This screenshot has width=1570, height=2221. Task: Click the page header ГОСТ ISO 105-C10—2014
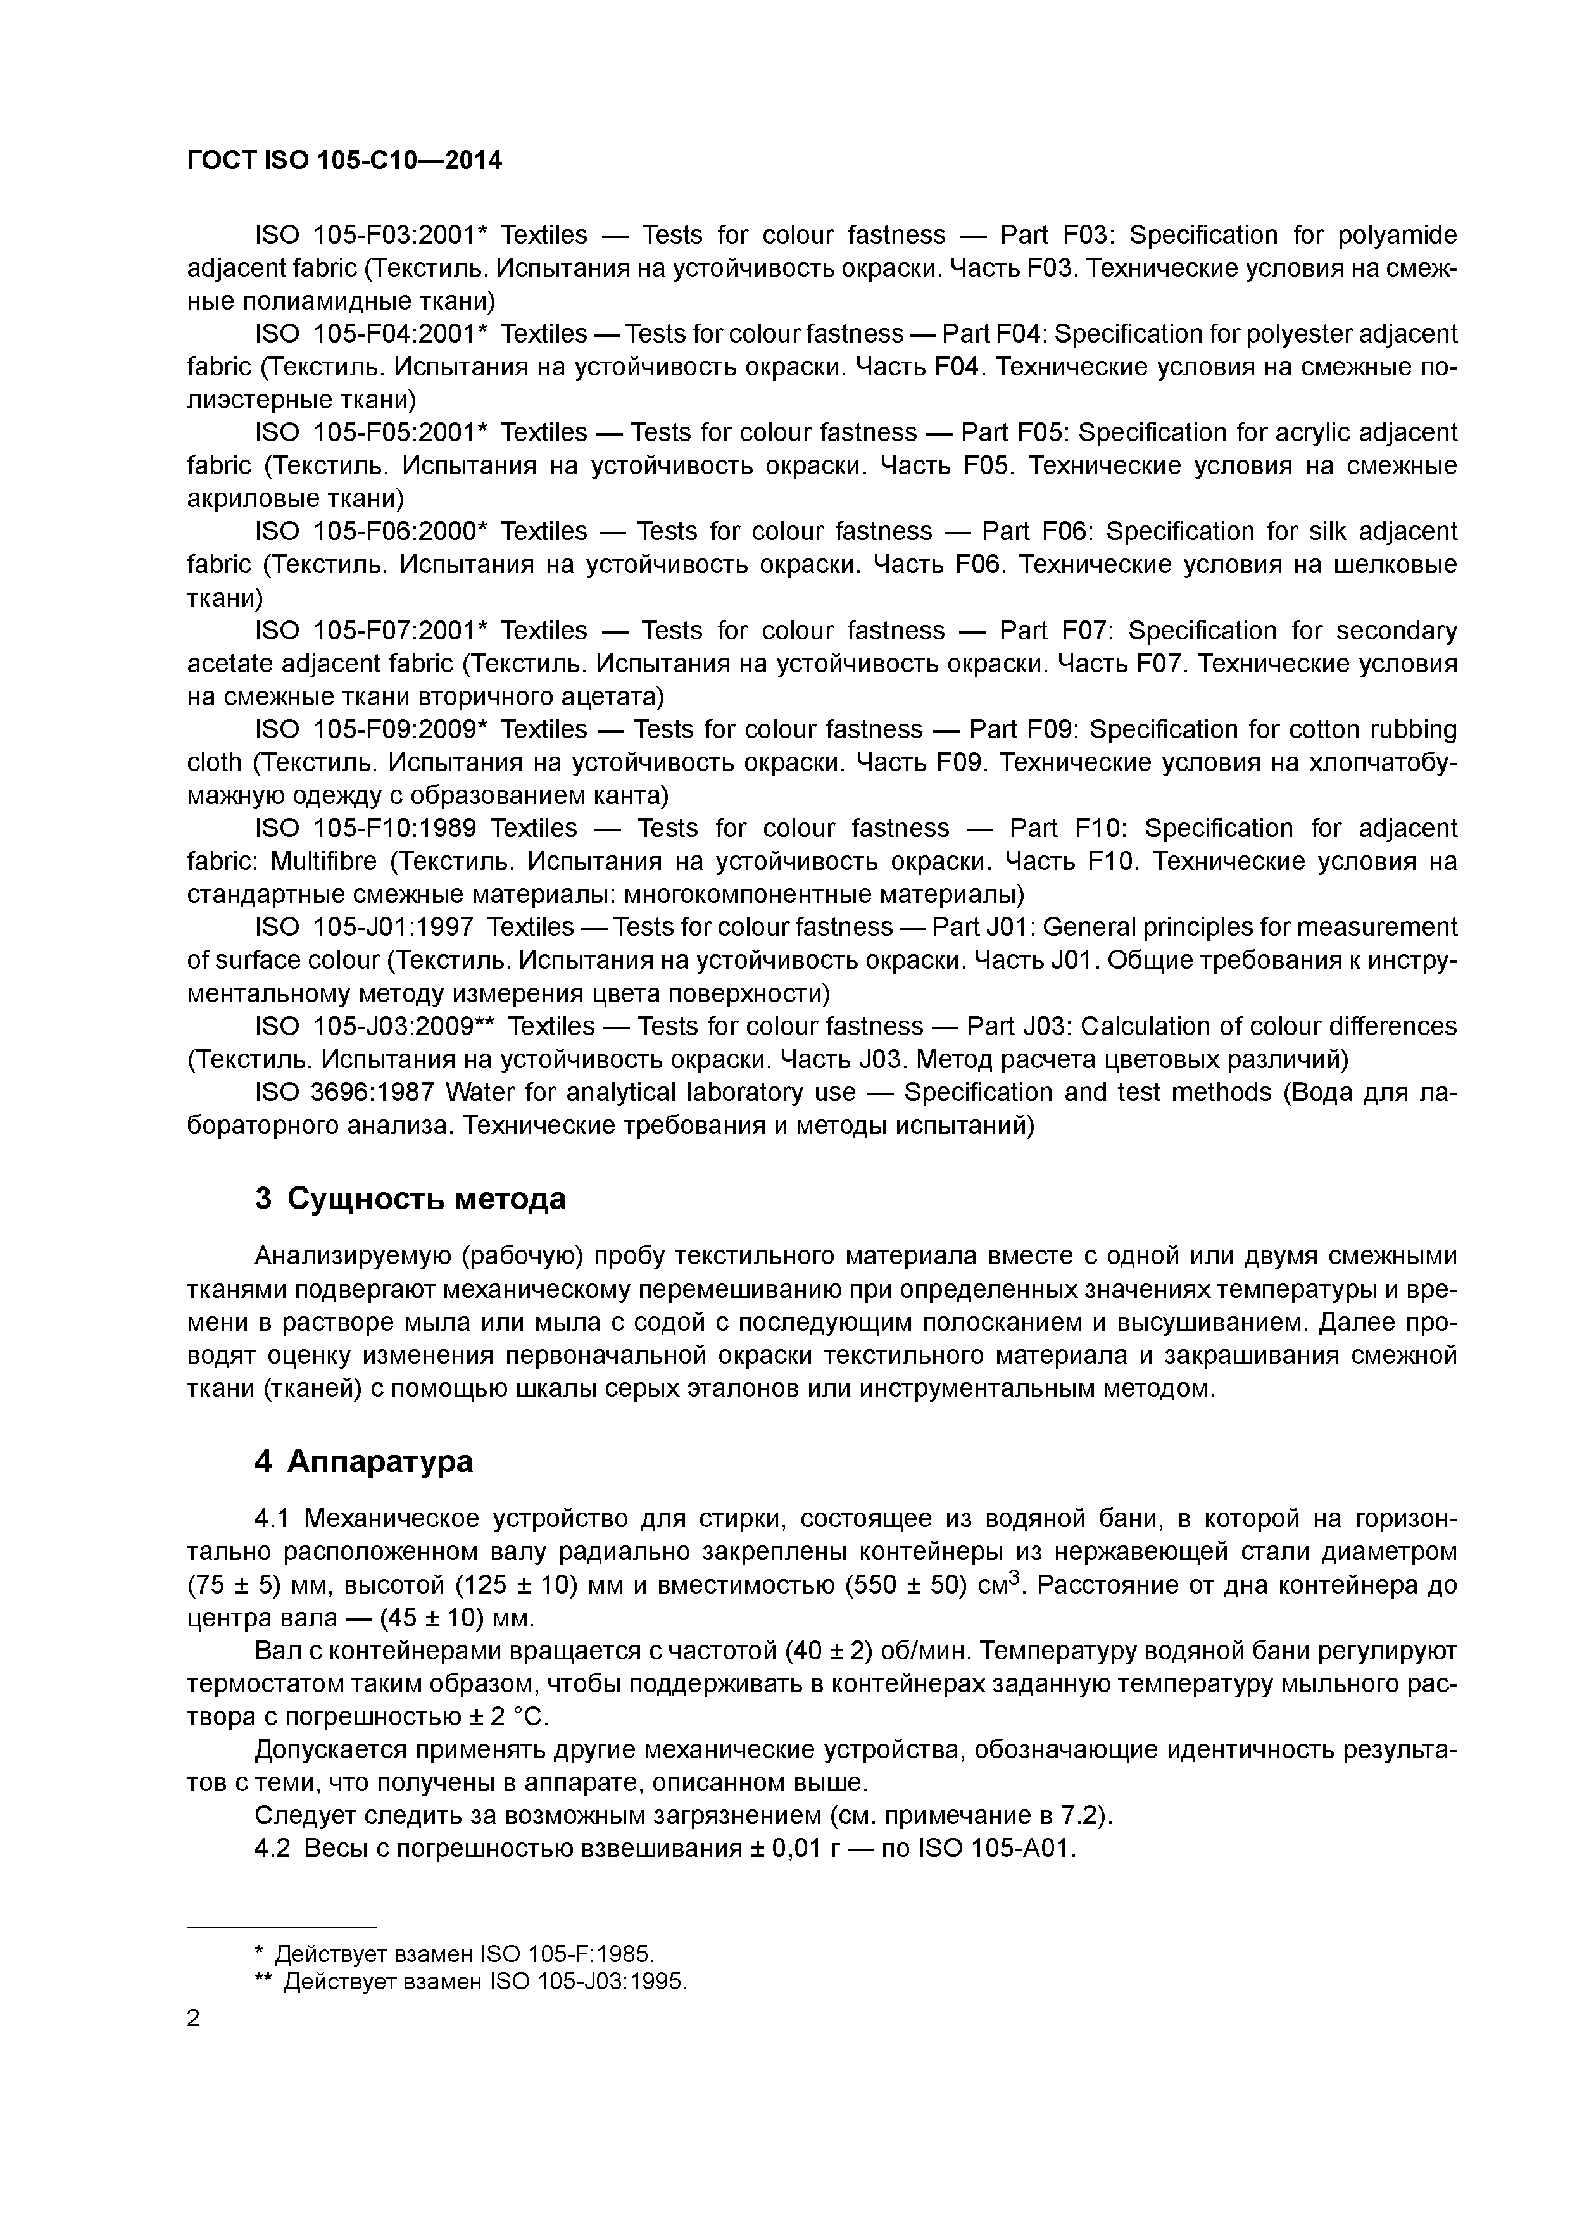344,161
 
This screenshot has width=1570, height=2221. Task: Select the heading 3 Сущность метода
410,1199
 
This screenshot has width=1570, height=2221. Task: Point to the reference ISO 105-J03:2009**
372,1026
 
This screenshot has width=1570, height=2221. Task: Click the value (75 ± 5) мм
246,1585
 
